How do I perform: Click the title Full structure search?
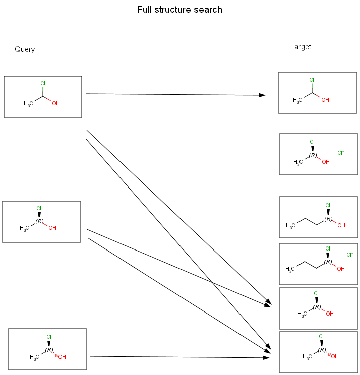tap(179, 10)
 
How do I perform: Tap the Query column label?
tap(25, 49)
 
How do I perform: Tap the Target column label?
tap(301, 47)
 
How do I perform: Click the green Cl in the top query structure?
tap(43, 83)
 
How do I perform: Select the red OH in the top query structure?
tap(56, 103)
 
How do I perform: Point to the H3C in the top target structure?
tap(297, 100)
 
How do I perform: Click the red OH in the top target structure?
tap(325, 100)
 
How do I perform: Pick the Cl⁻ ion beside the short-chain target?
tap(341, 152)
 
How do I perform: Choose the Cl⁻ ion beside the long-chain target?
tap(350, 255)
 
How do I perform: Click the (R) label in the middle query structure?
tap(40, 221)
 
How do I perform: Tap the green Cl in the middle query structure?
tap(39, 208)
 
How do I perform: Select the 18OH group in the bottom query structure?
tap(61, 357)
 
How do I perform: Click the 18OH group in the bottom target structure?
tap(333, 356)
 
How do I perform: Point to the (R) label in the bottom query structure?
tap(49, 349)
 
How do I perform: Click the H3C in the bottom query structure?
tap(34, 357)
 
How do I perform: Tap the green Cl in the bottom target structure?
tap(321, 336)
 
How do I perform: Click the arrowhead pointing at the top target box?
tap(262, 95)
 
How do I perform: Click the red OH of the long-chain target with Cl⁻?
tap(341, 269)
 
